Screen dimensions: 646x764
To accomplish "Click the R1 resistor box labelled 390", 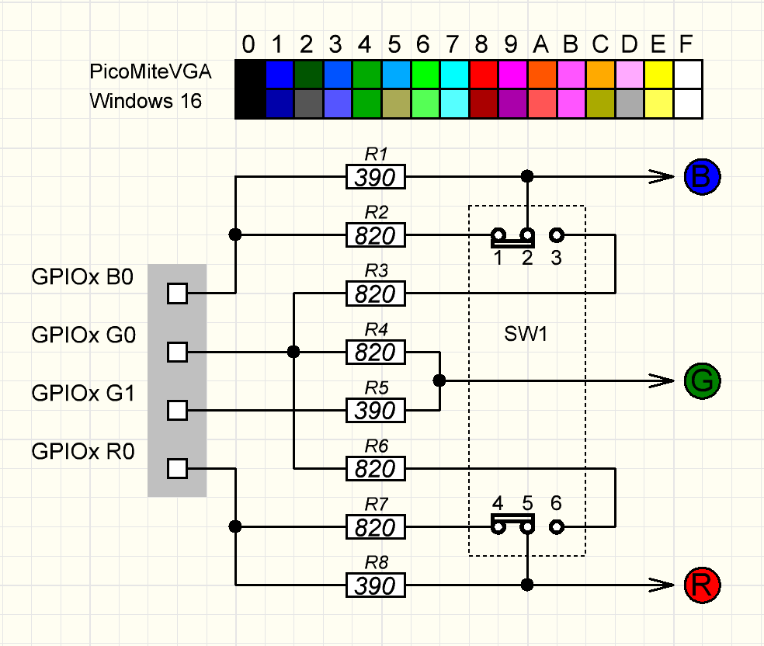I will (x=376, y=178).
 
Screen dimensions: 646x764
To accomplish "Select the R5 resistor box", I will (x=376, y=410).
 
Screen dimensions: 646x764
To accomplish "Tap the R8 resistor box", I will (x=376, y=585).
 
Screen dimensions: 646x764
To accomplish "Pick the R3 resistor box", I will (x=376, y=293).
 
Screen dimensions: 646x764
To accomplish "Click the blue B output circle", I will (x=703, y=178).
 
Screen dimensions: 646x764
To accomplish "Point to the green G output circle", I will (x=703, y=380).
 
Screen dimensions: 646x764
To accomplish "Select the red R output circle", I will (x=703, y=585).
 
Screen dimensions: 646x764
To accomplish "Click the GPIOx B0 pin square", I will (x=178, y=293).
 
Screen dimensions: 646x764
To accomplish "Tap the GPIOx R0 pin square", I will (x=178, y=468).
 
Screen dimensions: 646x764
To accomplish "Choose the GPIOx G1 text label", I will (x=83, y=393).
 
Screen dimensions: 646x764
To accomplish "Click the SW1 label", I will (x=526, y=335).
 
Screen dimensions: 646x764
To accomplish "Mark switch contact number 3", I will (x=556, y=234).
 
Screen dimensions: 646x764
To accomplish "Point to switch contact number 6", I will (x=556, y=526).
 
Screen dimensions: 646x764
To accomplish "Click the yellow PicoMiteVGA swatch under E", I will (x=658, y=75).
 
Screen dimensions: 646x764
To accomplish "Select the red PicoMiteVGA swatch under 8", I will (x=483, y=75).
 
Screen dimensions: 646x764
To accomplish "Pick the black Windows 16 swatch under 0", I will (x=249, y=103).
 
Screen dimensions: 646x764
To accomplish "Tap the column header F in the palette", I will (x=686, y=46).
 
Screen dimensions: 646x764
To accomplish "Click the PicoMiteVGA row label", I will (x=151, y=72).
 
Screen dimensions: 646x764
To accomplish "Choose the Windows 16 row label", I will (x=145, y=101).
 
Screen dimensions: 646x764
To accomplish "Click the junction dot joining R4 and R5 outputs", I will (x=439, y=380).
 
